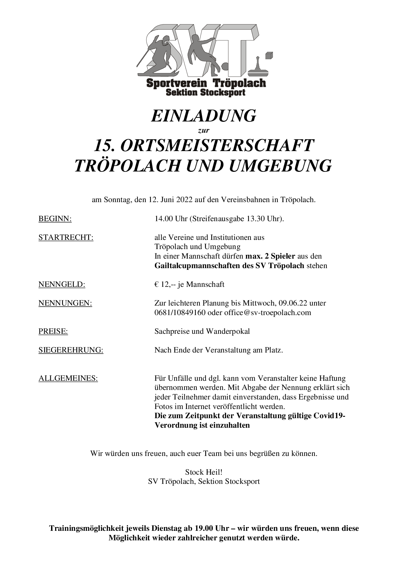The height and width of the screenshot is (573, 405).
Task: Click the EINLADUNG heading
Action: coord(203,116)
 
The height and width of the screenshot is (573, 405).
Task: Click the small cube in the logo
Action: coord(269,55)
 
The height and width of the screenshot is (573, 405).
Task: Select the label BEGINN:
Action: coord(55,218)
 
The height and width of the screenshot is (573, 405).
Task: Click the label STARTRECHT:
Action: coord(66,237)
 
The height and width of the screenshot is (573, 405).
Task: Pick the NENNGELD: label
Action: coord(62,284)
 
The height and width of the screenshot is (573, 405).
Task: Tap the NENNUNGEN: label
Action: coord(65,303)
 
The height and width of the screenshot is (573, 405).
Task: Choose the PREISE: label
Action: coord(53,331)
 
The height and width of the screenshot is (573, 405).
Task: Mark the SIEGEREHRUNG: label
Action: coord(71,350)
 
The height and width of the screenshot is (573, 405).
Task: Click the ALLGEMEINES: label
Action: coord(68,378)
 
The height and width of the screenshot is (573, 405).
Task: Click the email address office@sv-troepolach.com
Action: coord(268,312)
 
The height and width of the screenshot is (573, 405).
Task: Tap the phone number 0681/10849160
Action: coord(180,312)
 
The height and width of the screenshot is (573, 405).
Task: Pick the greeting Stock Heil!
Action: coord(204,472)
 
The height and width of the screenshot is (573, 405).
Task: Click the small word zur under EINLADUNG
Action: coord(204,130)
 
